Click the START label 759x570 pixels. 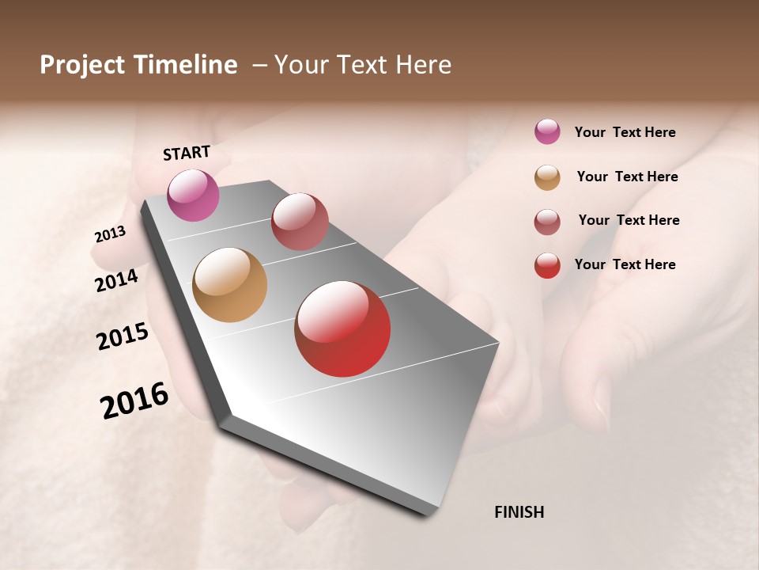pyautogui.click(x=187, y=153)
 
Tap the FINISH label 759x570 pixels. pyautogui.click(x=519, y=512)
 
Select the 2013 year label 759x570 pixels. pyautogui.click(x=110, y=234)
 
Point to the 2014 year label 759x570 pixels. pyautogui.click(x=116, y=280)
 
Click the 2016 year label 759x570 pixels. pyautogui.click(x=134, y=401)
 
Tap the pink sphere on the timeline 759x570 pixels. pyautogui.click(x=194, y=195)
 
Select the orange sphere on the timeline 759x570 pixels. pyautogui.click(x=230, y=285)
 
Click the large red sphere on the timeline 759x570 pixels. pyautogui.click(x=342, y=329)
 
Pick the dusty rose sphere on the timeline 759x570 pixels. pyautogui.click(x=300, y=221)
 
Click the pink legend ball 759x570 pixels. pyautogui.click(x=547, y=132)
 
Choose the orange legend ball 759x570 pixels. pyautogui.click(x=547, y=177)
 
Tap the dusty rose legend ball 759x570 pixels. pyautogui.click(x=547, y=222)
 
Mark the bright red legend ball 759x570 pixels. pyautogui.click(x=547, y=265)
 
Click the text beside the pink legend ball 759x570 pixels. pyautogui.click(x=625, y=133)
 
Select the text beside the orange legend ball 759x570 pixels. pyautogui.click(x=627, y=177)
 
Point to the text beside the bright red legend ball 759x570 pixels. pyautogui.click(x=625, y=264)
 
